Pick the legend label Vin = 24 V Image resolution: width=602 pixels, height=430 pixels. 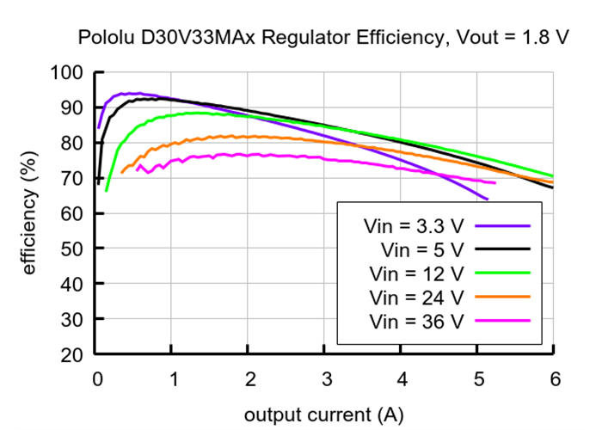tap(416, 298)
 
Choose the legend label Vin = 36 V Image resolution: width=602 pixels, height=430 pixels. tap(416, 322)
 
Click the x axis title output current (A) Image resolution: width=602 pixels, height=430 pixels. tap(323, 415)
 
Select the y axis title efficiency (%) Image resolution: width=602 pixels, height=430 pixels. tap(30, 213)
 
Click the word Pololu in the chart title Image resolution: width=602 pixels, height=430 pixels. tap(107, 38)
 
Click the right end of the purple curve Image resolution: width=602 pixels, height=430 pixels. tap(488, 200)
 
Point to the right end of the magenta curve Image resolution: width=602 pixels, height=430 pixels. tap(495, 182)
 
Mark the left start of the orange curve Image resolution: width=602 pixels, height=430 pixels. tap(121, 173)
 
